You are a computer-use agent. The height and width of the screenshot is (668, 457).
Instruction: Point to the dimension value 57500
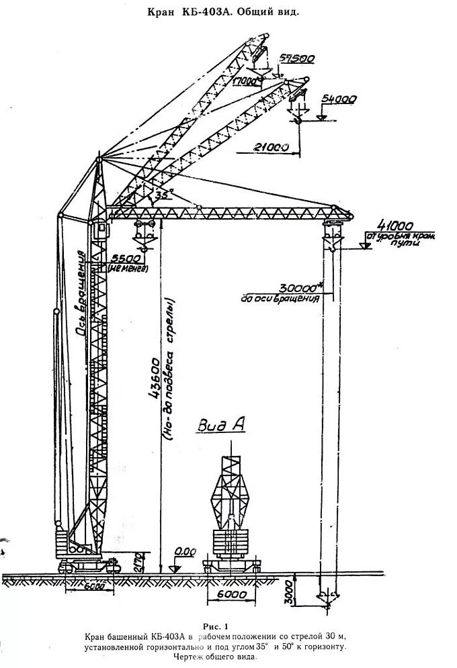point(298,59)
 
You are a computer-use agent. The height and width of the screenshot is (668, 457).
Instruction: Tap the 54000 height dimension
point(339,99)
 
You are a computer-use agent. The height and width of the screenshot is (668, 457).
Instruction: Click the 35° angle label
point(163,195)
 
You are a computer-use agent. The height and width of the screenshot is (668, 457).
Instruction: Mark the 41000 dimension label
point(396,225)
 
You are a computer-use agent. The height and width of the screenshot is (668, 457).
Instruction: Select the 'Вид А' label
point(220,424)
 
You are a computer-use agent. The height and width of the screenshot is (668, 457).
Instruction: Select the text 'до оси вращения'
point(279,297)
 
